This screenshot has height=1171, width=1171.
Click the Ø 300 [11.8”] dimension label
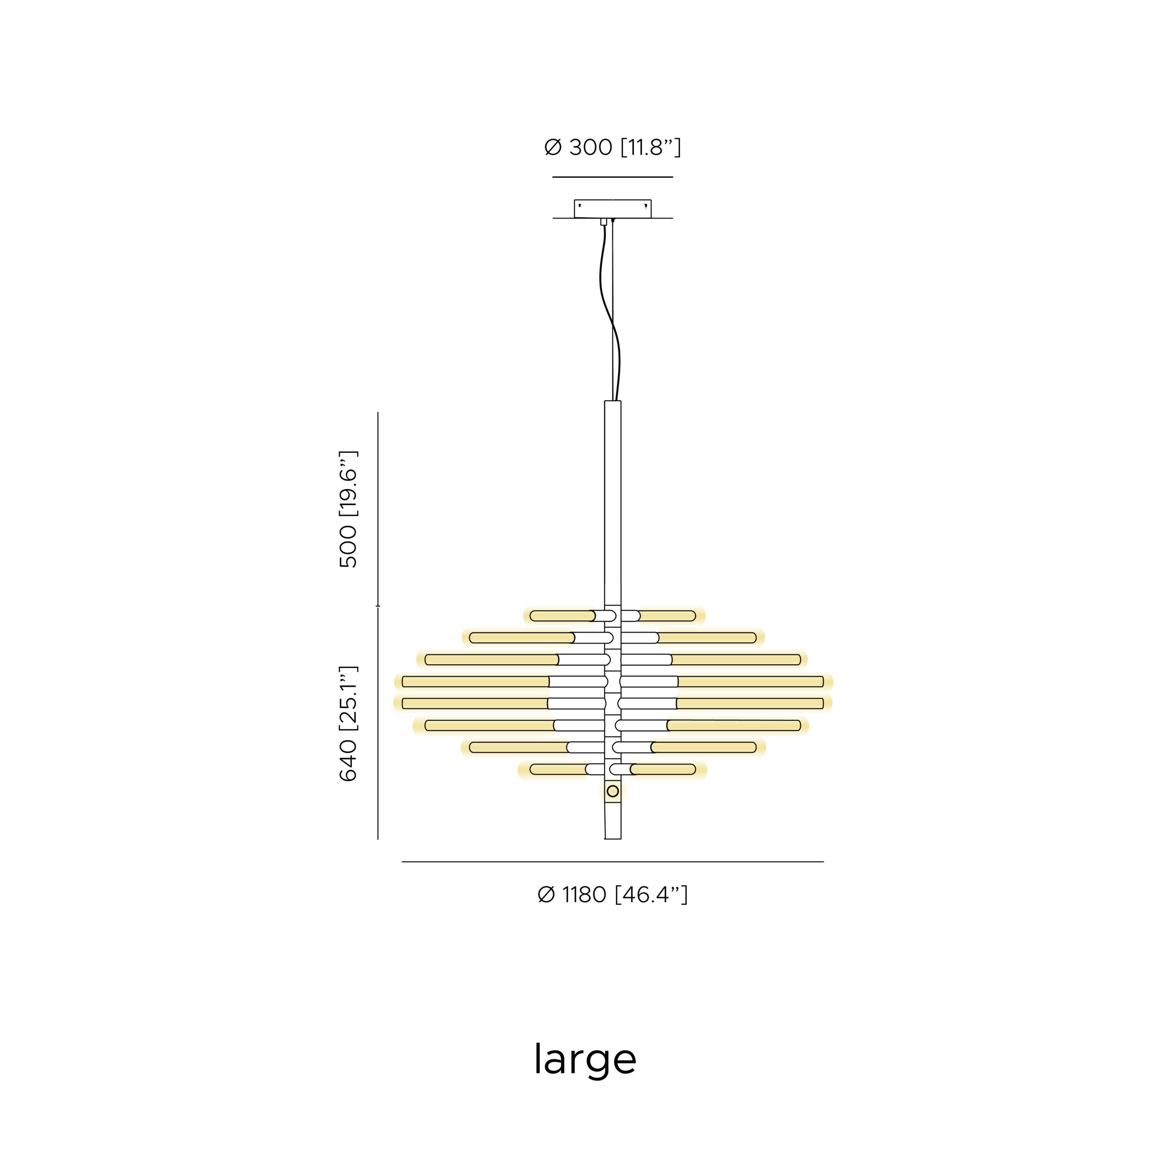[x=612, y=147]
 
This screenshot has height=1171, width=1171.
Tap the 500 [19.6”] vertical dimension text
[x=348, y=509]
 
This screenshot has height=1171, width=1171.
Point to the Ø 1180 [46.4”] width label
[x=612, y=895]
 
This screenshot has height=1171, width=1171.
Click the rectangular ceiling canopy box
[x=613, y=209]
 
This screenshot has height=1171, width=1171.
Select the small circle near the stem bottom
[x=613, y=791]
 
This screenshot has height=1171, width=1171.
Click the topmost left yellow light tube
[x=563, y=616]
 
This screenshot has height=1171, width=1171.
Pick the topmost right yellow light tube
[x=667, y=616]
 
